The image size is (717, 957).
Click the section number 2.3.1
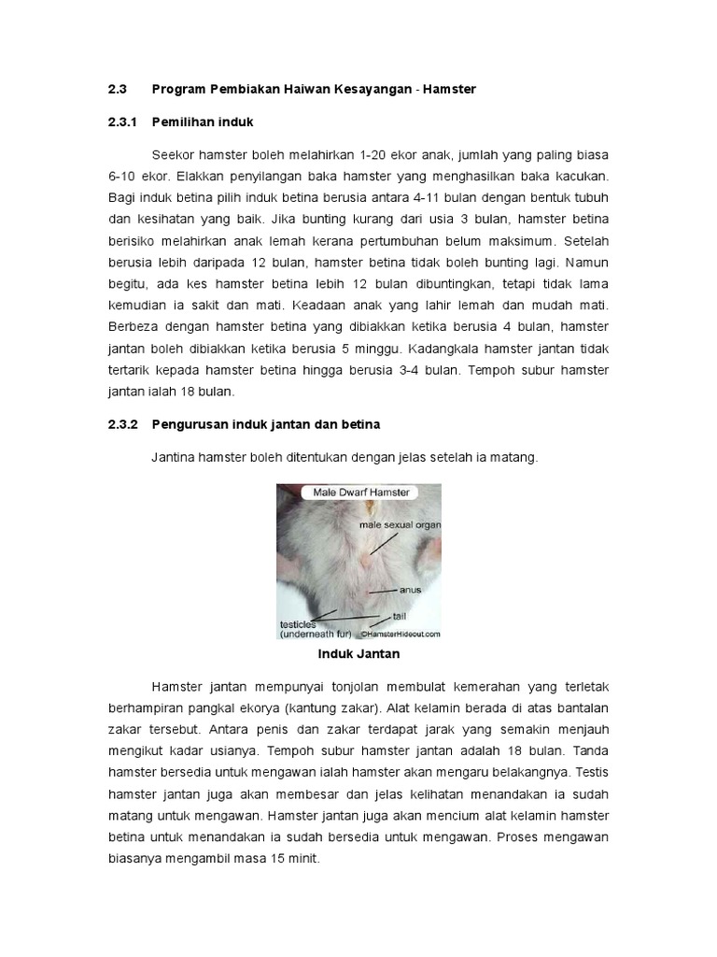[x=122, y=121]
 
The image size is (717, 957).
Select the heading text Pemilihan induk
[x=203, y=121]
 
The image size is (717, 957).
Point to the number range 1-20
[x=374, y=154]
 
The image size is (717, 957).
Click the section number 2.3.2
[x=122, y=424]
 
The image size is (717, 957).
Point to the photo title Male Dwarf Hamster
[x=358, y=493]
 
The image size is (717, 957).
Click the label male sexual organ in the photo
[x=399, y=525]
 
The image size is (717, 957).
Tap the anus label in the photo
[x=411, y=591]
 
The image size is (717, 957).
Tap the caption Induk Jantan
[x=358, y=654]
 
